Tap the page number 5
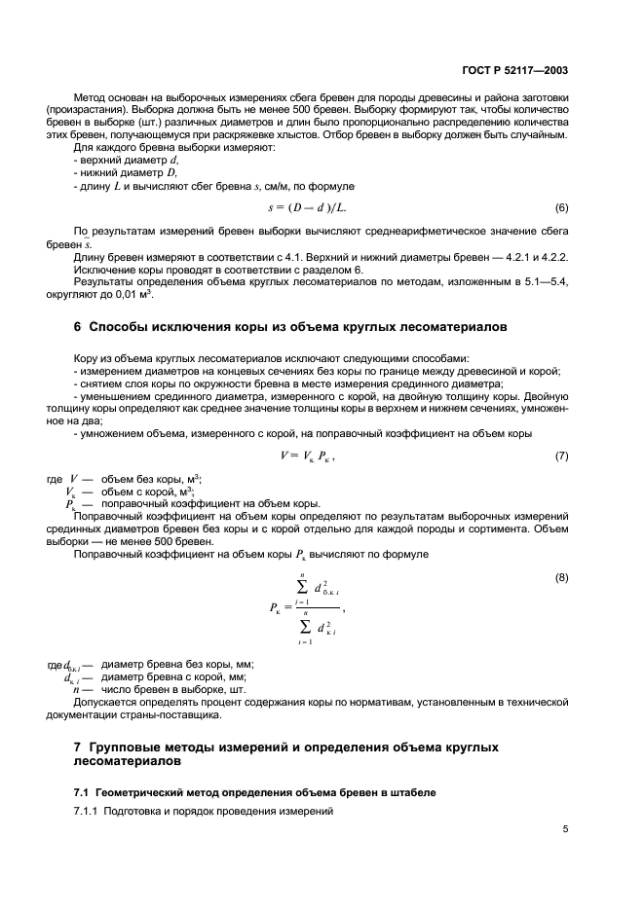pyautogui.click(x=565, y=829)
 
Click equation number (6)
pyautogui.click(x=561, y=208)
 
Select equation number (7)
pyautogui.click(x=561, y=455)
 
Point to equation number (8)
pyautogui.click(x=561, y=578)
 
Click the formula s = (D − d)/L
pyautogui.click(x=306, y=208)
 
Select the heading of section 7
pyautogui.click(x=286, y=753)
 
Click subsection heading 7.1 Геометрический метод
pyautogui.click(x=254, y=792)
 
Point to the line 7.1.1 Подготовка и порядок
pyautogui.click(x=204, y=811)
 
